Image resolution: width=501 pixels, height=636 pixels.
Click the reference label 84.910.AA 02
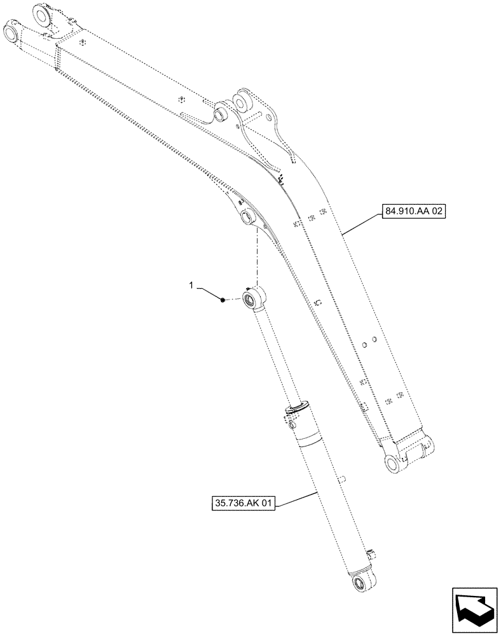pos(413,211)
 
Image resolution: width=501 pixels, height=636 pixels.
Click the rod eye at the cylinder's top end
pos(254,296)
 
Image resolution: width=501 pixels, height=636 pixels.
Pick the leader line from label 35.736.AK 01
pos(296,498)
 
